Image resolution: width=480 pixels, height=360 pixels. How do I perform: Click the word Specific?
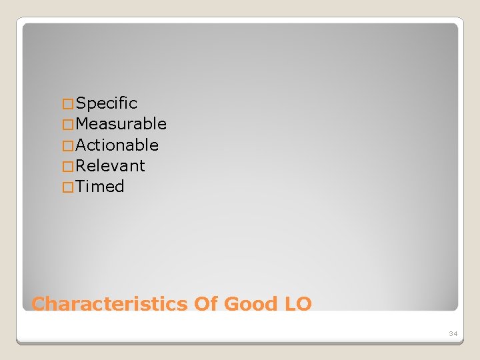click(x=107, y=103)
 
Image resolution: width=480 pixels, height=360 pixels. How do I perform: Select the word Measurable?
click(x=121, y=124)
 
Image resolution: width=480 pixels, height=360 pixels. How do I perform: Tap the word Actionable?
click(x=117, y=145)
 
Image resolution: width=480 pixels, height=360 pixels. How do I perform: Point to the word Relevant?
click(x=111, y=165)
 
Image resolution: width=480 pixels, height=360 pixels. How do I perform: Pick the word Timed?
click(x=100, y=186)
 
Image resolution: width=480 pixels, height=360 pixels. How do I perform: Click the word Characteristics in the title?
click(x=110, y=304)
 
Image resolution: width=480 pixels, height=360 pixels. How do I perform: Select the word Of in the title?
click(x=206, y=304)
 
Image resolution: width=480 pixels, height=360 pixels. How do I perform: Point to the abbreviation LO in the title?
click(x=297, y=304)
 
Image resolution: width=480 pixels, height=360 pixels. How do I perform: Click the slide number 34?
click(x=453, y=333)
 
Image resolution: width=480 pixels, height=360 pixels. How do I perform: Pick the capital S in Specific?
click(x=81, y=103)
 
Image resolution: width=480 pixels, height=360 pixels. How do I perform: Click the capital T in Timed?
click(x=81, y=186)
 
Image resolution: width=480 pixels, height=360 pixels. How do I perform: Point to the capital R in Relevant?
click(x=81, y=165)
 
